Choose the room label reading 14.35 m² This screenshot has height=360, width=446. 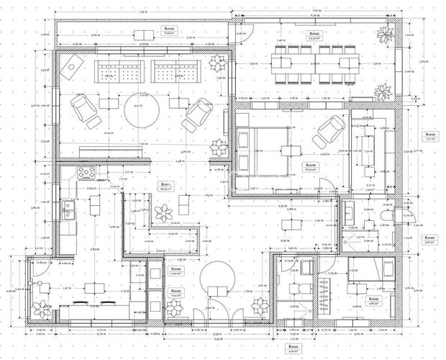pyautogui.click(x=315, y=36)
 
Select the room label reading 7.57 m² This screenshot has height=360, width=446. pyautogui.click(x=430, y=137)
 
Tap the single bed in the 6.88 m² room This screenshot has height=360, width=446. pyautogui.click(x=370, y=272)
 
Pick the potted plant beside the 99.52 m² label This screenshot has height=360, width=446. pyautogui.click(x=165, y=213)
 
